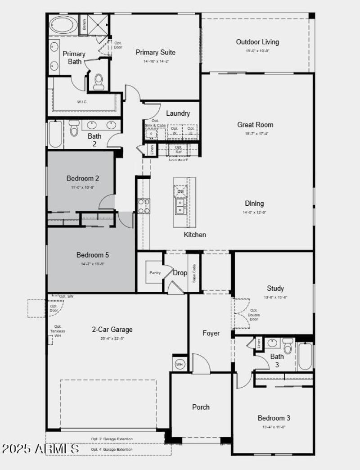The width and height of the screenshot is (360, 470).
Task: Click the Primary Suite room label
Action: (x=156, y=52)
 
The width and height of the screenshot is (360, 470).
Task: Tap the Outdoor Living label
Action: (x=257, y=42)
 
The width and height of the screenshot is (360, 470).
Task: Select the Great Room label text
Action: (x=255, y=125)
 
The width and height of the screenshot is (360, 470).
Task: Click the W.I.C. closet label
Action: (x=82, y=102)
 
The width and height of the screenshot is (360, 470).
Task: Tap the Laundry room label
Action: (x=178, y=113)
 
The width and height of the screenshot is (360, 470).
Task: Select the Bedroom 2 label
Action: (x=83, y=178)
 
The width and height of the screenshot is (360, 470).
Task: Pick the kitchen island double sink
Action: (x=180, y=206)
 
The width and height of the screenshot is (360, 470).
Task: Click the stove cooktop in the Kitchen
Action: (x=144, y=206)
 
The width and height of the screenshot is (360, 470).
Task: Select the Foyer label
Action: (x=211, y=333)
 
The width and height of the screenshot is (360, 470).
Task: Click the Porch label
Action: (x=201, y=407)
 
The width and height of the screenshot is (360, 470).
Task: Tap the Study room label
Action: (x=275, y=288)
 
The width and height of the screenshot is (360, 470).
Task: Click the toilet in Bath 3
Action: (x=288, y=346)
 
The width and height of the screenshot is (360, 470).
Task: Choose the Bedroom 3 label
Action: (x=274, y=418)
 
